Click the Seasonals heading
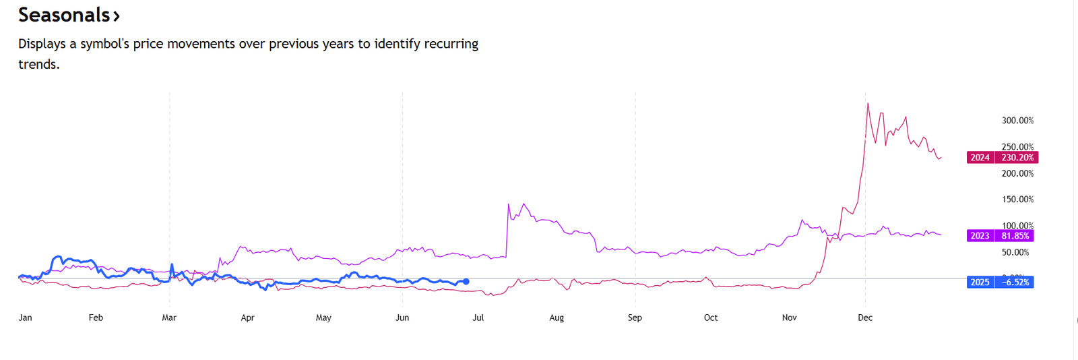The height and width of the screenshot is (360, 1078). (64, 15)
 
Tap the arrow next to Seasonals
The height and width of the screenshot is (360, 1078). (117, 16)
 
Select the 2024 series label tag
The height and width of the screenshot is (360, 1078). (980, 158)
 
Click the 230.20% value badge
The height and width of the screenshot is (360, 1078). (1017, 158)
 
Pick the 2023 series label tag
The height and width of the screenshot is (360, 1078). (980, 236)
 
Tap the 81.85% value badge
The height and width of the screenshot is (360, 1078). (1015, 236)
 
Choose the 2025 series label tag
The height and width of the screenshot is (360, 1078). (980, 282)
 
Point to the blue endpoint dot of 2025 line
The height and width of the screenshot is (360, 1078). (466, 281)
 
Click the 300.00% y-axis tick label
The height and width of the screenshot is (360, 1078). (1017, 121)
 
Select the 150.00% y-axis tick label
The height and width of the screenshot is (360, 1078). (1017, 200)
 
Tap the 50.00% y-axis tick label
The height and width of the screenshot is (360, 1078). (1015, 252)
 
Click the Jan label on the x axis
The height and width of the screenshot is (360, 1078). (25, 318)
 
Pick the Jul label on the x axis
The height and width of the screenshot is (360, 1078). (478, 318)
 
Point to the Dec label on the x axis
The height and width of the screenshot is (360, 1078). (865, 318)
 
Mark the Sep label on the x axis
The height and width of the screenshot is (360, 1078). (635, 318)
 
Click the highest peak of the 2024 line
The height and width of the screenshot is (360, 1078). (868, 103)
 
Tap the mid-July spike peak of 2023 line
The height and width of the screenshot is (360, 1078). (508, 204)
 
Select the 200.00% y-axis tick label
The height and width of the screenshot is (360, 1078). (1017, 173)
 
